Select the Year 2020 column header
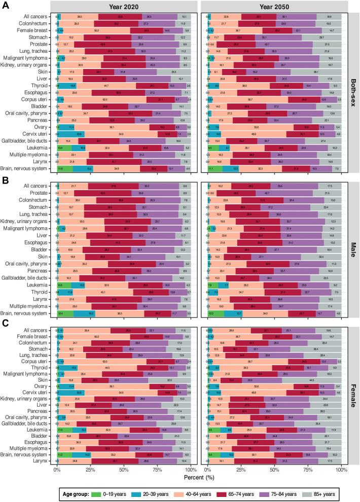click(124, 6)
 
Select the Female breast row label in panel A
click(35, 30)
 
